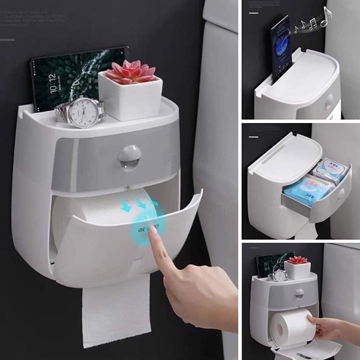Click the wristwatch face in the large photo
(x=84, y=112)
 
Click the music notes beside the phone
(x=312, y=24)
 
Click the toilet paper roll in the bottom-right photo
(x=292, y=327)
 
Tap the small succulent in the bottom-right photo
(x=298, y=260)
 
